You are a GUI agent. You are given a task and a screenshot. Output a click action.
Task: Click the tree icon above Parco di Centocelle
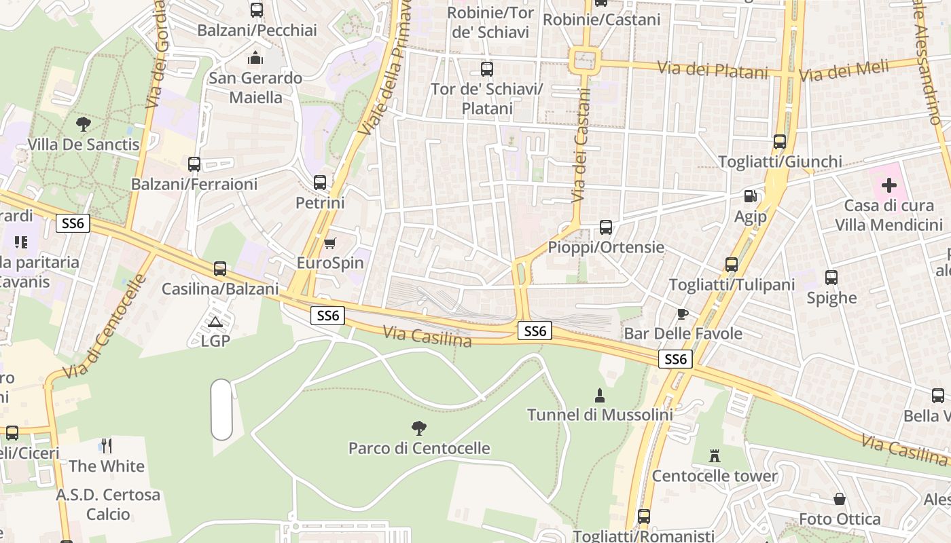pyautogui.click(x=419, y=428)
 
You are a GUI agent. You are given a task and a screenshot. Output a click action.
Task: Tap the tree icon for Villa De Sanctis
pyautogui.click(x=84, y=124)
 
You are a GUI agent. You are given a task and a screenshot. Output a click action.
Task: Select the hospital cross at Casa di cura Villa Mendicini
pyautogui.click(x=889, y=185)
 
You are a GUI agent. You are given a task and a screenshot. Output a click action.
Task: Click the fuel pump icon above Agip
pyautogui.click(x=750, y=196)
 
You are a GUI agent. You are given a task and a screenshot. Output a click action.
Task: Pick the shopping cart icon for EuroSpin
pyautogui.click(x=330, y=243)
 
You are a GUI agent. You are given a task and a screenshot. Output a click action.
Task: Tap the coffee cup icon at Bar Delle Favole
pyautogui.click(x=683, y=313)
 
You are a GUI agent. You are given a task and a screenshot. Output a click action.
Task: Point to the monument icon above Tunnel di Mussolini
pyautogui.click(x=600, y=394)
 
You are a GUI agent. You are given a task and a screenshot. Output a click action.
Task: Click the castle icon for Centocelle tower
pyautogui.click(x=714, y=455)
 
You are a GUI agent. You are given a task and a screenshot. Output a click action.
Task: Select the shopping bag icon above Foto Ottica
pyautogui.click(x=840, y=499)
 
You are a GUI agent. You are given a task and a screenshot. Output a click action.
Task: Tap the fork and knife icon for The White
pyautogui.click(x=106, y=445)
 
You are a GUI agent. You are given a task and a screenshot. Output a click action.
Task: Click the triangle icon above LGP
pyautogui.click(x=215, y=321)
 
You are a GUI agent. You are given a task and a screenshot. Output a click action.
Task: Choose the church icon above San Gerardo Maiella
pyautogui.click(x=255, y=58)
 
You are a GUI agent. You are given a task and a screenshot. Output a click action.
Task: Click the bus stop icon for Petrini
pyautogui.click(x=320, y=182)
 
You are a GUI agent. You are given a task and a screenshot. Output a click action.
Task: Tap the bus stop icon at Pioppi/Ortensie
pyautogui.click(x=606, y=227)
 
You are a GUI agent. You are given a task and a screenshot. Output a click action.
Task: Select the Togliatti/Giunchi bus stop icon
pyautogui.click(x=780, y=142)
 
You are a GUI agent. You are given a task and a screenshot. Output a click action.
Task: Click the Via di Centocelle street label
pyautogui.click(x=105, y=328)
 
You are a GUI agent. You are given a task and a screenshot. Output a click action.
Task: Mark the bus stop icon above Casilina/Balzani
pyautogui.click(x=220, y=269)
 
